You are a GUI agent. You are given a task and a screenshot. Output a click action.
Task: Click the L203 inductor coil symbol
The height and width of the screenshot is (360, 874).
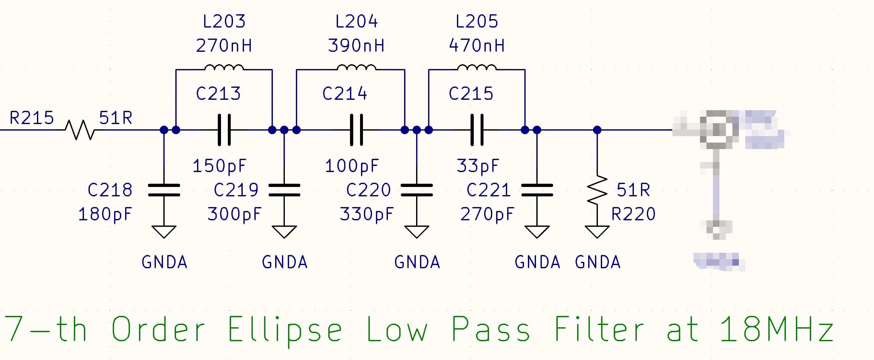(224, 68)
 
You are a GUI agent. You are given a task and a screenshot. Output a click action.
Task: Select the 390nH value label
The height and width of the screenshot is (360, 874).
(356, 46)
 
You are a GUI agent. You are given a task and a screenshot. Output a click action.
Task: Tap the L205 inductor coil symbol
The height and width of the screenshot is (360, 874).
(477, 68)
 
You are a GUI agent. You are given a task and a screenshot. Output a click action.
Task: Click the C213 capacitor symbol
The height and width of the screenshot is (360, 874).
(224, 130)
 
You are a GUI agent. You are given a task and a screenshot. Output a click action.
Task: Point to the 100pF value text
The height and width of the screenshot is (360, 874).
(352, 166)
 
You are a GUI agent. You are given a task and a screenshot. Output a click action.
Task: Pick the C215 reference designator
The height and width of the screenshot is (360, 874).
(471, 94)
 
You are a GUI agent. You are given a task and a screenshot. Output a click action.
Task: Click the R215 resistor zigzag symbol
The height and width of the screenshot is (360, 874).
(80, 130)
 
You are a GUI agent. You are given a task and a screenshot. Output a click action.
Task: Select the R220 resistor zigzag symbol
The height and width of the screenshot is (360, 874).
(597, 190)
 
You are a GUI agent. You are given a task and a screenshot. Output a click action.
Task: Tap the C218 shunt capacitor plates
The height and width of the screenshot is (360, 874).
(164, 190)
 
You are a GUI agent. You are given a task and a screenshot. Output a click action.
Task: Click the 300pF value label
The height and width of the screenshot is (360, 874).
(234, 214)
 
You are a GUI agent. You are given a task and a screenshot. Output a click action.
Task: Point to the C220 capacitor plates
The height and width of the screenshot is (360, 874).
(417, 190)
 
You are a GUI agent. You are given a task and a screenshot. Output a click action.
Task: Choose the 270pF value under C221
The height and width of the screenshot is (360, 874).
(487, 214)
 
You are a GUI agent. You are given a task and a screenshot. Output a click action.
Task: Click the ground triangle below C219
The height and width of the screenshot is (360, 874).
(284, 232)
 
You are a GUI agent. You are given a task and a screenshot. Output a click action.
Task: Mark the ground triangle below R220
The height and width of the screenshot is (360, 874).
(597, 232)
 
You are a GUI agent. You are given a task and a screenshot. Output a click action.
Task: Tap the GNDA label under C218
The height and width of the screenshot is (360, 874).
(165, 262)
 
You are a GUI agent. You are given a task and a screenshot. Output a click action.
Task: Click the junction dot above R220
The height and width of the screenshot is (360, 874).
(597, 130)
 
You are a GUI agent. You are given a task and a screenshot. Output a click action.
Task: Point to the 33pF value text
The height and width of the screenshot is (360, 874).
(478, 166)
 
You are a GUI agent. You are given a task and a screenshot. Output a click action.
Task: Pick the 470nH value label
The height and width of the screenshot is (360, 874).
(477, 46)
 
